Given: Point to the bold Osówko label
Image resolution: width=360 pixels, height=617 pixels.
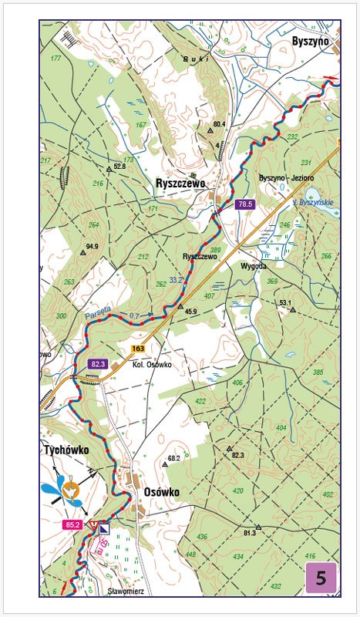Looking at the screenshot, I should point(162,492).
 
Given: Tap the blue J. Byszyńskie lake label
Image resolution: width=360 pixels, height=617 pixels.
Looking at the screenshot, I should point(313,202).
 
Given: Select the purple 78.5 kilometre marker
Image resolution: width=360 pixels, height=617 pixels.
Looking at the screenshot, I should point(245,204).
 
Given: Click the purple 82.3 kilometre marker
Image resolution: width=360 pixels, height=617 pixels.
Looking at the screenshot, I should point(97,363).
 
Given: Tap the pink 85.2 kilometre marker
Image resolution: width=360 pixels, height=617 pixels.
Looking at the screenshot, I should point(73,525).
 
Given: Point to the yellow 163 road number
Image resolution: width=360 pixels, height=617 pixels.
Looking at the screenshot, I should point(138,349).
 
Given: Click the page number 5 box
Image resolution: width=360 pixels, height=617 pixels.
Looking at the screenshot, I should point(321,578).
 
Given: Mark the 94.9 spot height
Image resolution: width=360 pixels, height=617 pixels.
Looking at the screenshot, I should point(93,247).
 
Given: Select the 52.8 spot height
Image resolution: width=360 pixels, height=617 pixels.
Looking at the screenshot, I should point(119,166).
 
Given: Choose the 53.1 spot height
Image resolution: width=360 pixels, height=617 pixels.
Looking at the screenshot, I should point(286,303).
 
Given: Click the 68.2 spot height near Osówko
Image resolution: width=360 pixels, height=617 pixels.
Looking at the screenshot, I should point(173,458).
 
